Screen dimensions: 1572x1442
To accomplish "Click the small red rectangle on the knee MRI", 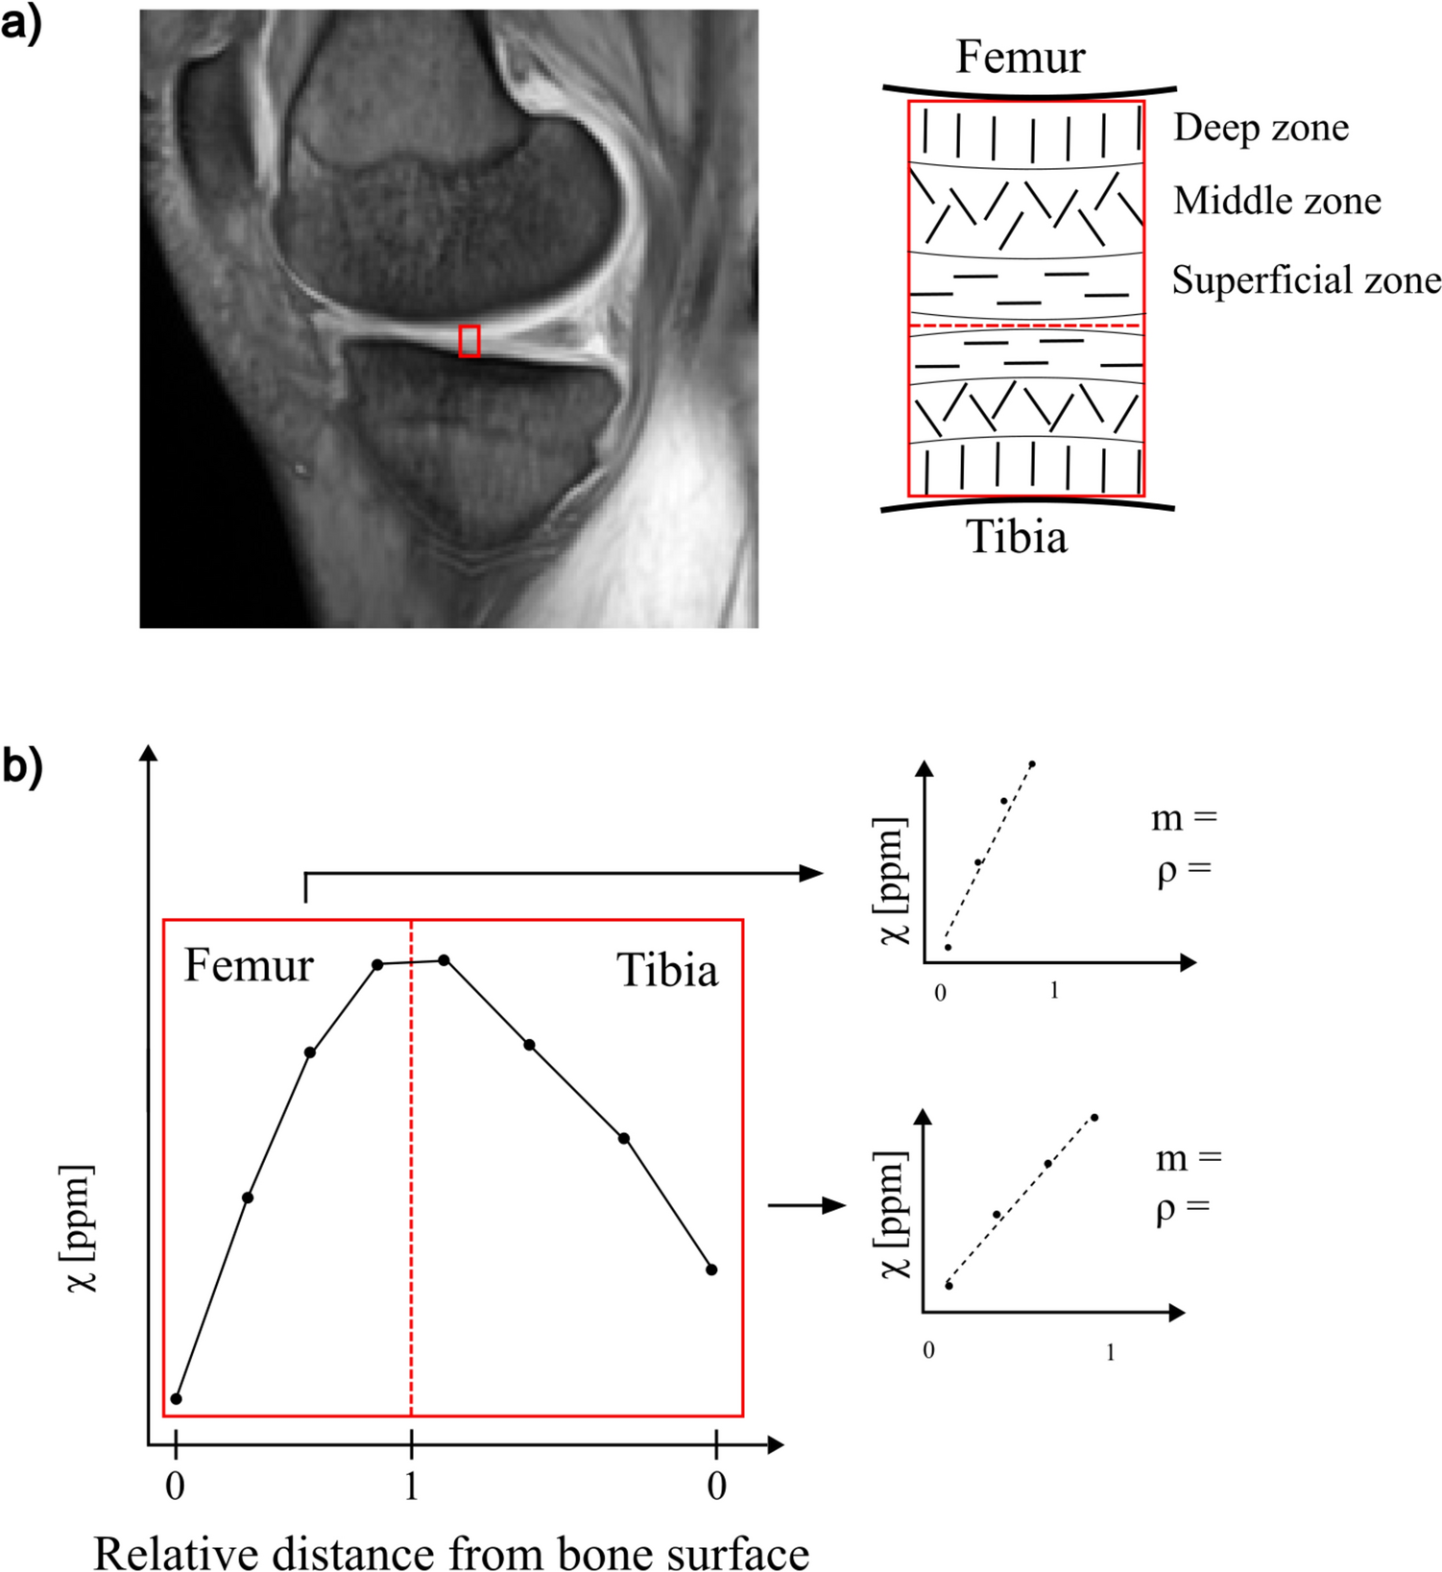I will point(469,341).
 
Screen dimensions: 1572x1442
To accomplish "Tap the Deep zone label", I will point(1261,128).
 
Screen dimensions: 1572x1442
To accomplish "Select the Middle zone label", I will point(1277,201).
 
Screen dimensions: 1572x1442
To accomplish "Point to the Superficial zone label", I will point(1306,280).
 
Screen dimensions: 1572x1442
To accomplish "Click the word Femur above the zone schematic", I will point(1020,58).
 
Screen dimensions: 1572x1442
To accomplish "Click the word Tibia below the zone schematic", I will point(1017,537).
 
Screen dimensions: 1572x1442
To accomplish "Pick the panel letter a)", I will point(21,24).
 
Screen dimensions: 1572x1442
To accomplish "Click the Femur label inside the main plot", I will point(249,965).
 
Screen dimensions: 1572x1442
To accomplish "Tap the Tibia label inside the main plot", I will point(667,970).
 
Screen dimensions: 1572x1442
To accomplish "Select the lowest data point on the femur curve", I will point(176,1399).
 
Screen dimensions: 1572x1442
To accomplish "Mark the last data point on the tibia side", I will point(711,1270).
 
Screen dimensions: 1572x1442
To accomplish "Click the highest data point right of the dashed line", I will point(444,960).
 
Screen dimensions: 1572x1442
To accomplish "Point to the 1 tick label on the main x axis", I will point(411,1486).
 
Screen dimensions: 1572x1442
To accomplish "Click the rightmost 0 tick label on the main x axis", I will point(716,1486).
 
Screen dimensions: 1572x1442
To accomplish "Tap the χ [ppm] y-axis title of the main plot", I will point(82,1228).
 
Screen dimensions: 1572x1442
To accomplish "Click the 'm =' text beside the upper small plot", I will point(1184,818).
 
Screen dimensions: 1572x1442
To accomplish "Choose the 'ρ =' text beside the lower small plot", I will point(1183,1208).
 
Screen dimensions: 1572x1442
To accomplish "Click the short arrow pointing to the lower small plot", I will point(806,1205).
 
